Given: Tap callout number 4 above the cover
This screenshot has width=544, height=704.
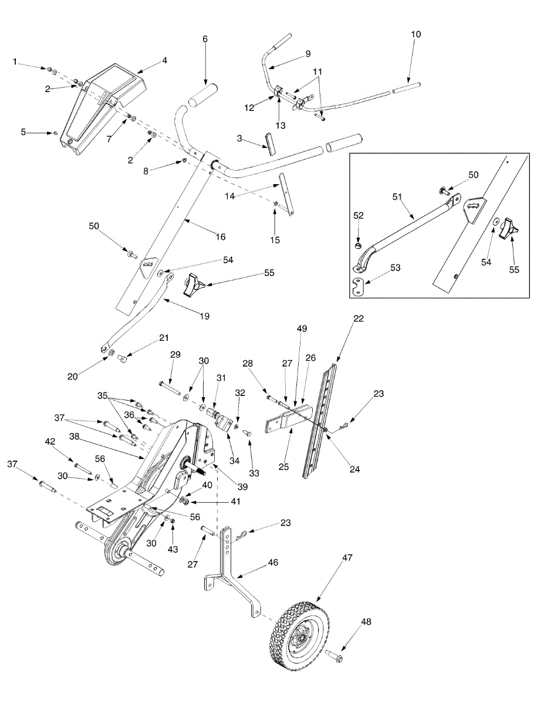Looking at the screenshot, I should pos(165,60).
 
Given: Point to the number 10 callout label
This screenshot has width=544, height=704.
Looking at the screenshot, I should pos(415,35).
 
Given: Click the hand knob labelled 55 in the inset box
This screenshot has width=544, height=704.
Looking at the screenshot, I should pos(508,231).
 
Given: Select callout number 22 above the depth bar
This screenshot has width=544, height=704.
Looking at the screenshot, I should pos(359,319).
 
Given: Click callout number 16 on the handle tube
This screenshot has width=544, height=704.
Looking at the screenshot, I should pos(221,237).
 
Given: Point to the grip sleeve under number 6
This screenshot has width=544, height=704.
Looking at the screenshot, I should pos(202,95).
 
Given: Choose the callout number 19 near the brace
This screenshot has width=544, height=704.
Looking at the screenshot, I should pos(205,316).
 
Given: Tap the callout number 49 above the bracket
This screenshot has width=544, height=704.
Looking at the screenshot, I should pos(302,329).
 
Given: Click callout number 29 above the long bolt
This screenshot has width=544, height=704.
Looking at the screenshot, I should pos(175,356).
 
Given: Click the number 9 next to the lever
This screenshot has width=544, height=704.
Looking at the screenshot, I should pos(308,54).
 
